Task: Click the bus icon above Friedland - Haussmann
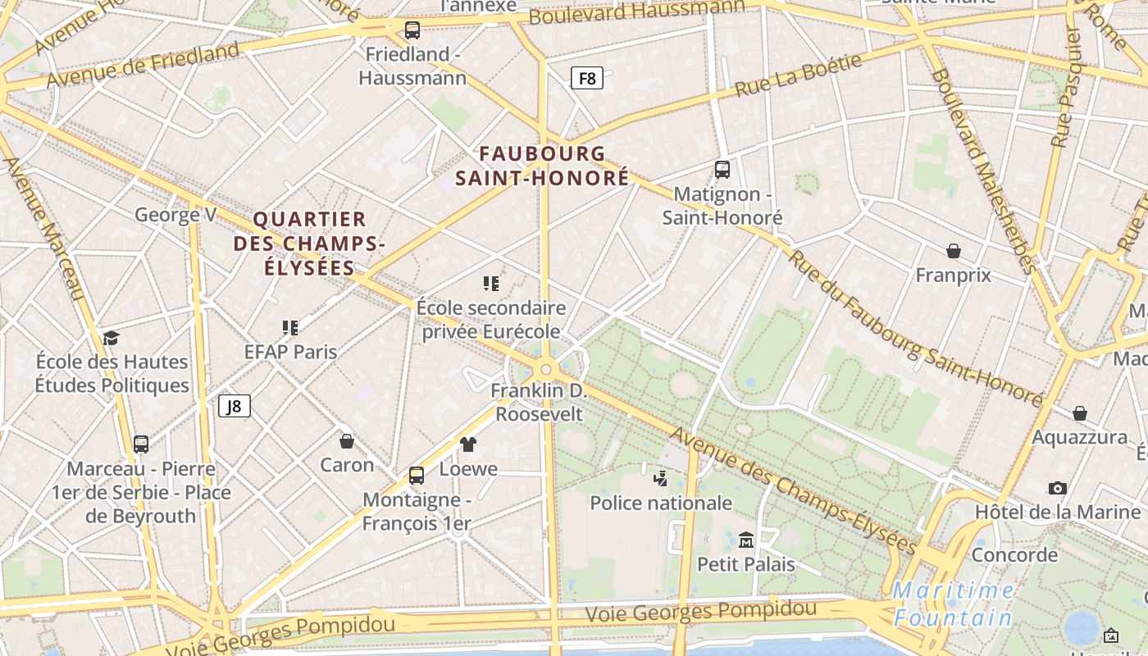pos(412,30)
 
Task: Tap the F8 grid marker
pos(587,78)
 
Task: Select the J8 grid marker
pos(235,406)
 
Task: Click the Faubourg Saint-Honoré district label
pos(543,165)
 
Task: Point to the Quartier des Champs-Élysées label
pos(309,243)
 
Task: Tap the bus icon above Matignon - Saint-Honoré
pos(722,170)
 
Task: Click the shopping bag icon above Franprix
pos(954,250)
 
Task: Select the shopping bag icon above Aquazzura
pos(1080,412)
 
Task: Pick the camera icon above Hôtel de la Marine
pos(1058,488)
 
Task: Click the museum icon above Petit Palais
pos(746,540)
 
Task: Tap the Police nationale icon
pos(661,477)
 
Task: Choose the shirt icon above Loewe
pos(468,444)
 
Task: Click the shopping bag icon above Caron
pos(347,441)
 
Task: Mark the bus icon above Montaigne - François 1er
pos(417,476)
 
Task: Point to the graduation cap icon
pos(111,337)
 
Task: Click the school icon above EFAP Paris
pos(290,328)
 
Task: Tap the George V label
pos(175,215)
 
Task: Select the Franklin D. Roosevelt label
pos(539,402)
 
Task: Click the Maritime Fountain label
pos(954,604)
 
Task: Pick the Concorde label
pos(1014,555)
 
